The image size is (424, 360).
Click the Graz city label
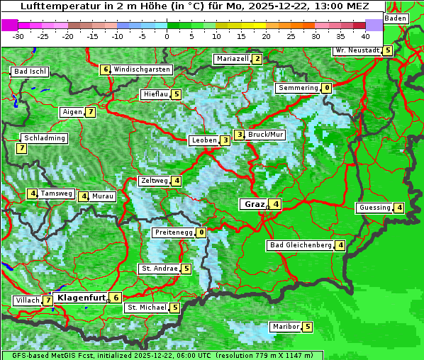(253, 204)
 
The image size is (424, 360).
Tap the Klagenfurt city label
(80, 298)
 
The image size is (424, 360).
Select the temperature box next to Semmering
(326, 88)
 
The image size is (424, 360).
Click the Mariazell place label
(232, 59)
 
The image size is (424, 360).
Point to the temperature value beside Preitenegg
(201, 232)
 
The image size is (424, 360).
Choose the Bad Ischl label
(30, 72)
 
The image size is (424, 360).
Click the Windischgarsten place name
(142, 69)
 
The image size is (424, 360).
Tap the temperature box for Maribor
(307, 327)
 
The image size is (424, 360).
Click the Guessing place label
(374, 208)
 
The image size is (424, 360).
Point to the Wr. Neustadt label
(357, 50)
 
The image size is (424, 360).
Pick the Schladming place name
(44, 138)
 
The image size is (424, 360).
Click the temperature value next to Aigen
(91, 112)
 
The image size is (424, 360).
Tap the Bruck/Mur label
(266, 135)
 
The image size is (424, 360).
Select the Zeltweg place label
(155, 181)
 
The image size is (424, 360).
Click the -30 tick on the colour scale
(18, 35)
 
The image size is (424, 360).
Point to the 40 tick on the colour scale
(365, 35)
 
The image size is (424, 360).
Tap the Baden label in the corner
(396, 18)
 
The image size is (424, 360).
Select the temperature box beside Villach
(48, 300)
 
